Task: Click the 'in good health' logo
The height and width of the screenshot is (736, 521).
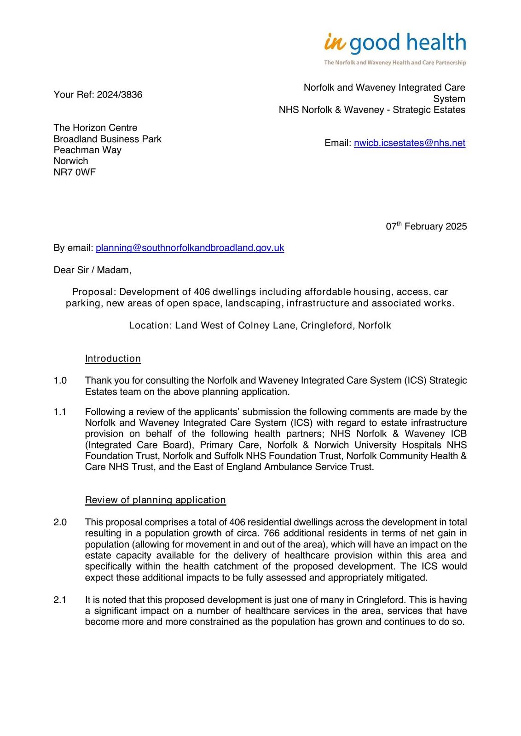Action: tap(395, 43)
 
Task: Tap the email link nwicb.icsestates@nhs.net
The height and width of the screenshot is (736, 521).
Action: tap(409, 143)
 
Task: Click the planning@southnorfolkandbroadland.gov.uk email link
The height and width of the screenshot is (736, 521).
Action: tap(190, 248)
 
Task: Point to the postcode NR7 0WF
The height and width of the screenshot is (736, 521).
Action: tap(75, 172)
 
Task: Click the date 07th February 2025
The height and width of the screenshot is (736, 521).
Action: tap(426, 226)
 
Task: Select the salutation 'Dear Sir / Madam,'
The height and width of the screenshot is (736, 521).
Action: tap(93, 270)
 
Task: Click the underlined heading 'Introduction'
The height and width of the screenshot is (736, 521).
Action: tap(113, 359)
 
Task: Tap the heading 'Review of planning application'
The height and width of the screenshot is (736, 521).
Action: tap(155, 500)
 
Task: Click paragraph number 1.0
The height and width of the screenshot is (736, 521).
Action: tap(60, 380)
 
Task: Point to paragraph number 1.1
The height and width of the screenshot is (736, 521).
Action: tap(60, 412)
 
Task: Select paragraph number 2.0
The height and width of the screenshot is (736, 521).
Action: tap(60, 522)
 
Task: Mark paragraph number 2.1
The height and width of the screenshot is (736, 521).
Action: tap(60, 600)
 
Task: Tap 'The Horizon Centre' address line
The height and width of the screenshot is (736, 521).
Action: tap(95, 128)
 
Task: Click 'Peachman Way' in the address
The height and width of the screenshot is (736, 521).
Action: tap(87, 150)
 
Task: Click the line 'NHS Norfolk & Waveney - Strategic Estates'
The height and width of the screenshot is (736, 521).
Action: tap(372, 110)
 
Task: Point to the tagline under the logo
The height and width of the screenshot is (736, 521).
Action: tap(395, 63)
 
